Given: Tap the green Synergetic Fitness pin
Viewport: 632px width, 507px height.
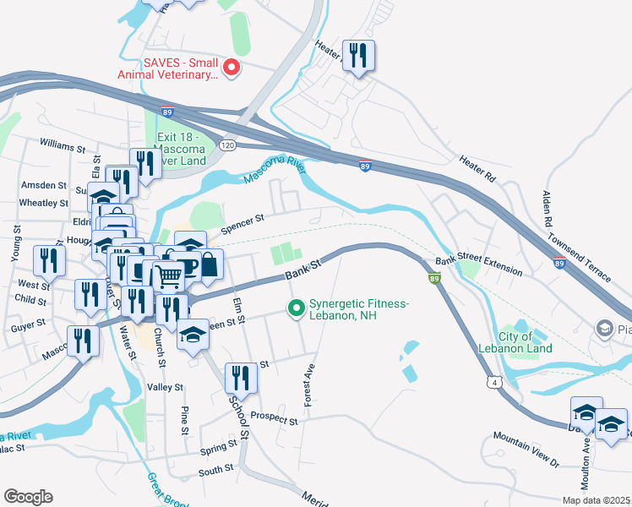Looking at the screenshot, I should point(296,309).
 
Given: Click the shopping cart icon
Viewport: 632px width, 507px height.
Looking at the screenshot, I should point(169,275).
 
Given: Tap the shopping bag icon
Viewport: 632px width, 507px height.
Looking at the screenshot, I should point(208,264).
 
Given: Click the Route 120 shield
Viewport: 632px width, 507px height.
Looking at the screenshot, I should point(226,145).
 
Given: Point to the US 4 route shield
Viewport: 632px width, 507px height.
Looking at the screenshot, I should point(501,383).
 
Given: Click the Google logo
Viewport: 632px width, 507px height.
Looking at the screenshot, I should point(27,497).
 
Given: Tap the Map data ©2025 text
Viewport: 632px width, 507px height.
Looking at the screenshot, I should point(594,500).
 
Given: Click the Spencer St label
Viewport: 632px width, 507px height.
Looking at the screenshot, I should point(242,223).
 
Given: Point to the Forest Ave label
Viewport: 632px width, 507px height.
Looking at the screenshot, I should point(310,385).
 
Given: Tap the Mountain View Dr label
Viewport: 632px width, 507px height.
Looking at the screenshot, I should point(526,450).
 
